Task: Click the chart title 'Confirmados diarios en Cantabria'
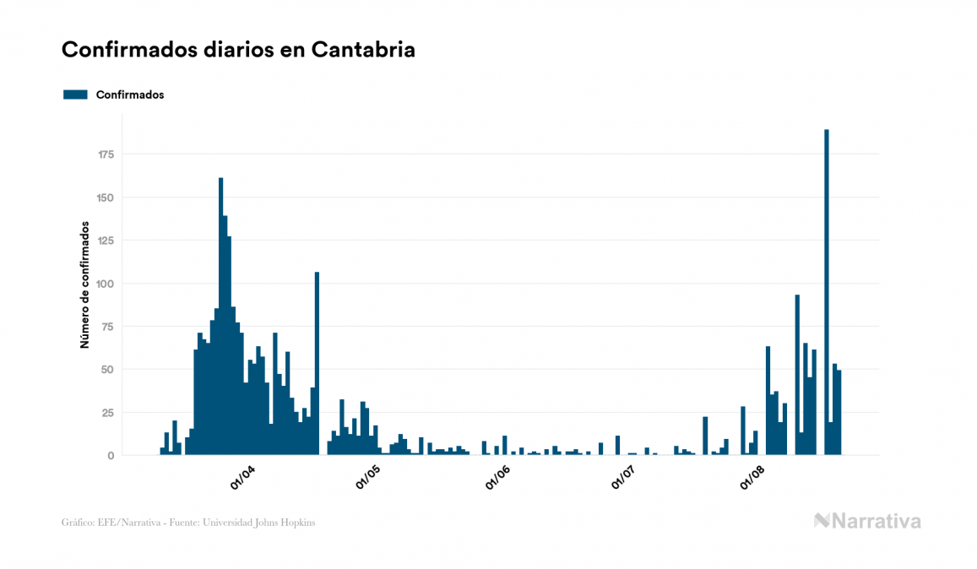click(x=238, y=50)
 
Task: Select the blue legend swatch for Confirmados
click(x=75, y=95)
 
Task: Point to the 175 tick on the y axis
click(x=106, y=154)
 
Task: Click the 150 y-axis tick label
click(x=106, y=198)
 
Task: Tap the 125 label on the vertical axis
click(x=106, y=241)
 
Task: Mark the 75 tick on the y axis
click(x=109, y=327)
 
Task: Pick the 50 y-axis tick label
click(x=109, y=370)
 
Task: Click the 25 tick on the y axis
click(x=109, y=413)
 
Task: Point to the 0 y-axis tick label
click(x=111, y=456)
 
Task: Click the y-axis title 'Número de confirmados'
click(x=84, y=284)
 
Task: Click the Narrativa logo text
click(x=876, y=521)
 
